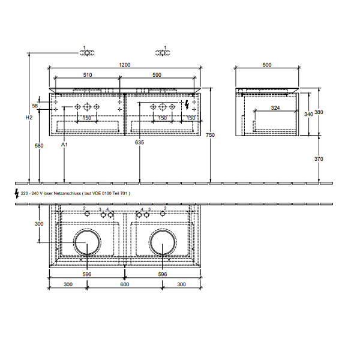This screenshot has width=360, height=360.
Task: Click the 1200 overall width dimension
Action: (x=125, y=65)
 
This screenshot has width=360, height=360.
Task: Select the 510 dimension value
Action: (x=88, y=75)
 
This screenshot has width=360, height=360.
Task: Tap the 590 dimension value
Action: (x=157, y=75)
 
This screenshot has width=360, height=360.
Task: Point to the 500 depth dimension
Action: (x=267, y=65)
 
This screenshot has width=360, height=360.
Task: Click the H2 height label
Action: (x=29, y=118)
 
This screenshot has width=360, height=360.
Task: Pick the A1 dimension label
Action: (x=64, y=145)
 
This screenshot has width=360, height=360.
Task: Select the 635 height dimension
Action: (x=139, y=142)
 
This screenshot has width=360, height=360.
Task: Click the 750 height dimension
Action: (x=211, y=135)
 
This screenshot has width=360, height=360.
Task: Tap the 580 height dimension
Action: (x=39, y=146)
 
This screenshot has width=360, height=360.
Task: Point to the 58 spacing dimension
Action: (x=35, y=106)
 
